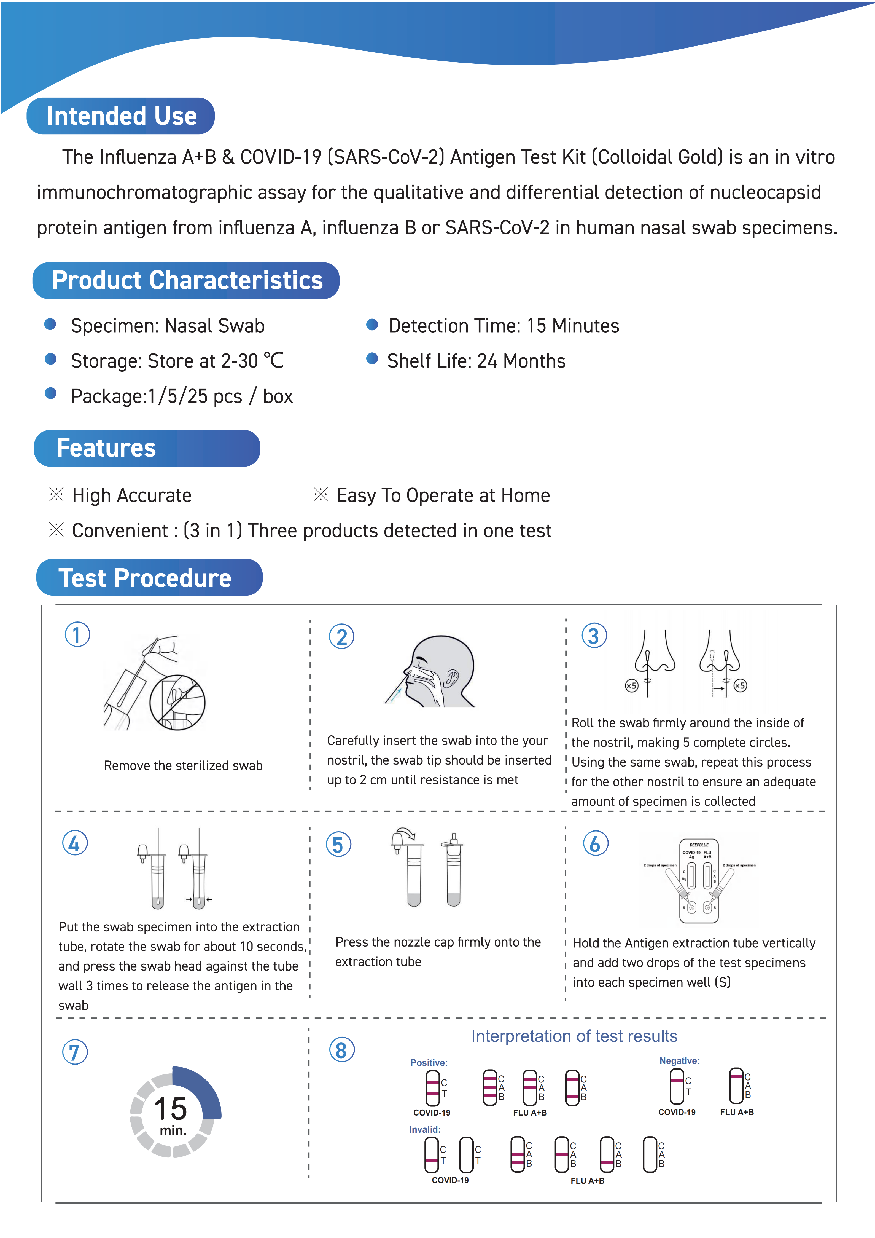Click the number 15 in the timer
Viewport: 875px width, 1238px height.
pos(171,1109)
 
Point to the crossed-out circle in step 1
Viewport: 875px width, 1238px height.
pos(177,702)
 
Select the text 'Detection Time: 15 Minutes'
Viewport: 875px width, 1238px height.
pos(504,326)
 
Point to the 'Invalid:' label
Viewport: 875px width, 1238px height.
pos(425,1129)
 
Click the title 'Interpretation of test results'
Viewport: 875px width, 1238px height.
pos(574,1036)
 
